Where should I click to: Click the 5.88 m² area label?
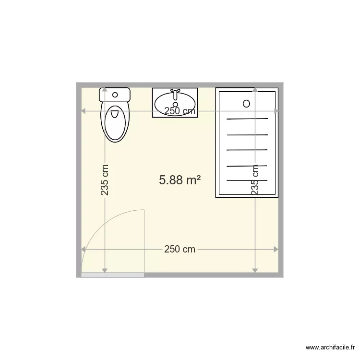point(180,180)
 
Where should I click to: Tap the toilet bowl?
point(115,122)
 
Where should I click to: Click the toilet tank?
point(115,94)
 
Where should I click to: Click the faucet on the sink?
point(175,91)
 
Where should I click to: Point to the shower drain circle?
point(247,103)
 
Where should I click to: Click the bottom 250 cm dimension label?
point(180,249)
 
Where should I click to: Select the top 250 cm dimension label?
point(180,111)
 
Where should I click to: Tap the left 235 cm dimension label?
point(105,180)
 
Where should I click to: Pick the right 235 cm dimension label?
point(255,180)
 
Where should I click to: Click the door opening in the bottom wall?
point(113,275)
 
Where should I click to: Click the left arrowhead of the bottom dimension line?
point(83,249)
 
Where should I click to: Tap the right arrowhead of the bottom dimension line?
point(276,249)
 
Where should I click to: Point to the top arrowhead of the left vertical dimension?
point(105,90)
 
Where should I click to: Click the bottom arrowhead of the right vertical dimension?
point(255,270)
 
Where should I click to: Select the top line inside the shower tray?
point(247,119)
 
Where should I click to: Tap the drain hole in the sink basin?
point(175,104)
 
